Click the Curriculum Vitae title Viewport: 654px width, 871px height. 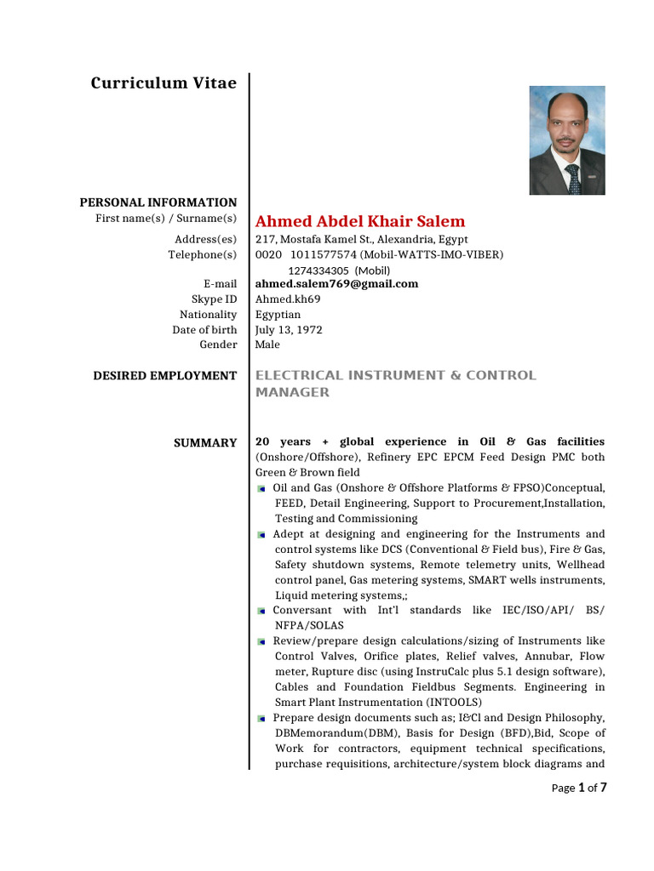click(x=163, y=83)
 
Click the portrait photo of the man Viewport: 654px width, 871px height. click(x=567, y=140)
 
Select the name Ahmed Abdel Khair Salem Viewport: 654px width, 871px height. click(x=360, y=221)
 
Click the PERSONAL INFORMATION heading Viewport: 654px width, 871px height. click(x=158, y=202)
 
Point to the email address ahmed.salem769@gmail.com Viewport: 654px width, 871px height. click(x=337, y=284)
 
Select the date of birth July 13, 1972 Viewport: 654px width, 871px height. click(x=289, y=330)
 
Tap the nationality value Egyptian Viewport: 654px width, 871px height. click(x=278, y=315)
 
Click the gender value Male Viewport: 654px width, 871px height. click(x=267, y=345)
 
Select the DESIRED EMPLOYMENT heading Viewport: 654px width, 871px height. click(x=165, y=376)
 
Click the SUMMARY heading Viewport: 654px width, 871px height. click(x=205, y=443)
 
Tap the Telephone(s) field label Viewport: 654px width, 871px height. click(x=202, y=255)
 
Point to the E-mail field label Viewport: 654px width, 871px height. click(x=220, y=284)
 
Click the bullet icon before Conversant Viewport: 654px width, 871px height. click(x=261, y=612)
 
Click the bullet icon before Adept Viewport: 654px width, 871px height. click(x=261, y=535)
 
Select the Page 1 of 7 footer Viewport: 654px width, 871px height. click(x=579, y=788)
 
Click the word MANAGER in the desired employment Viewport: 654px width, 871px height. click(x=292, y=393)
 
